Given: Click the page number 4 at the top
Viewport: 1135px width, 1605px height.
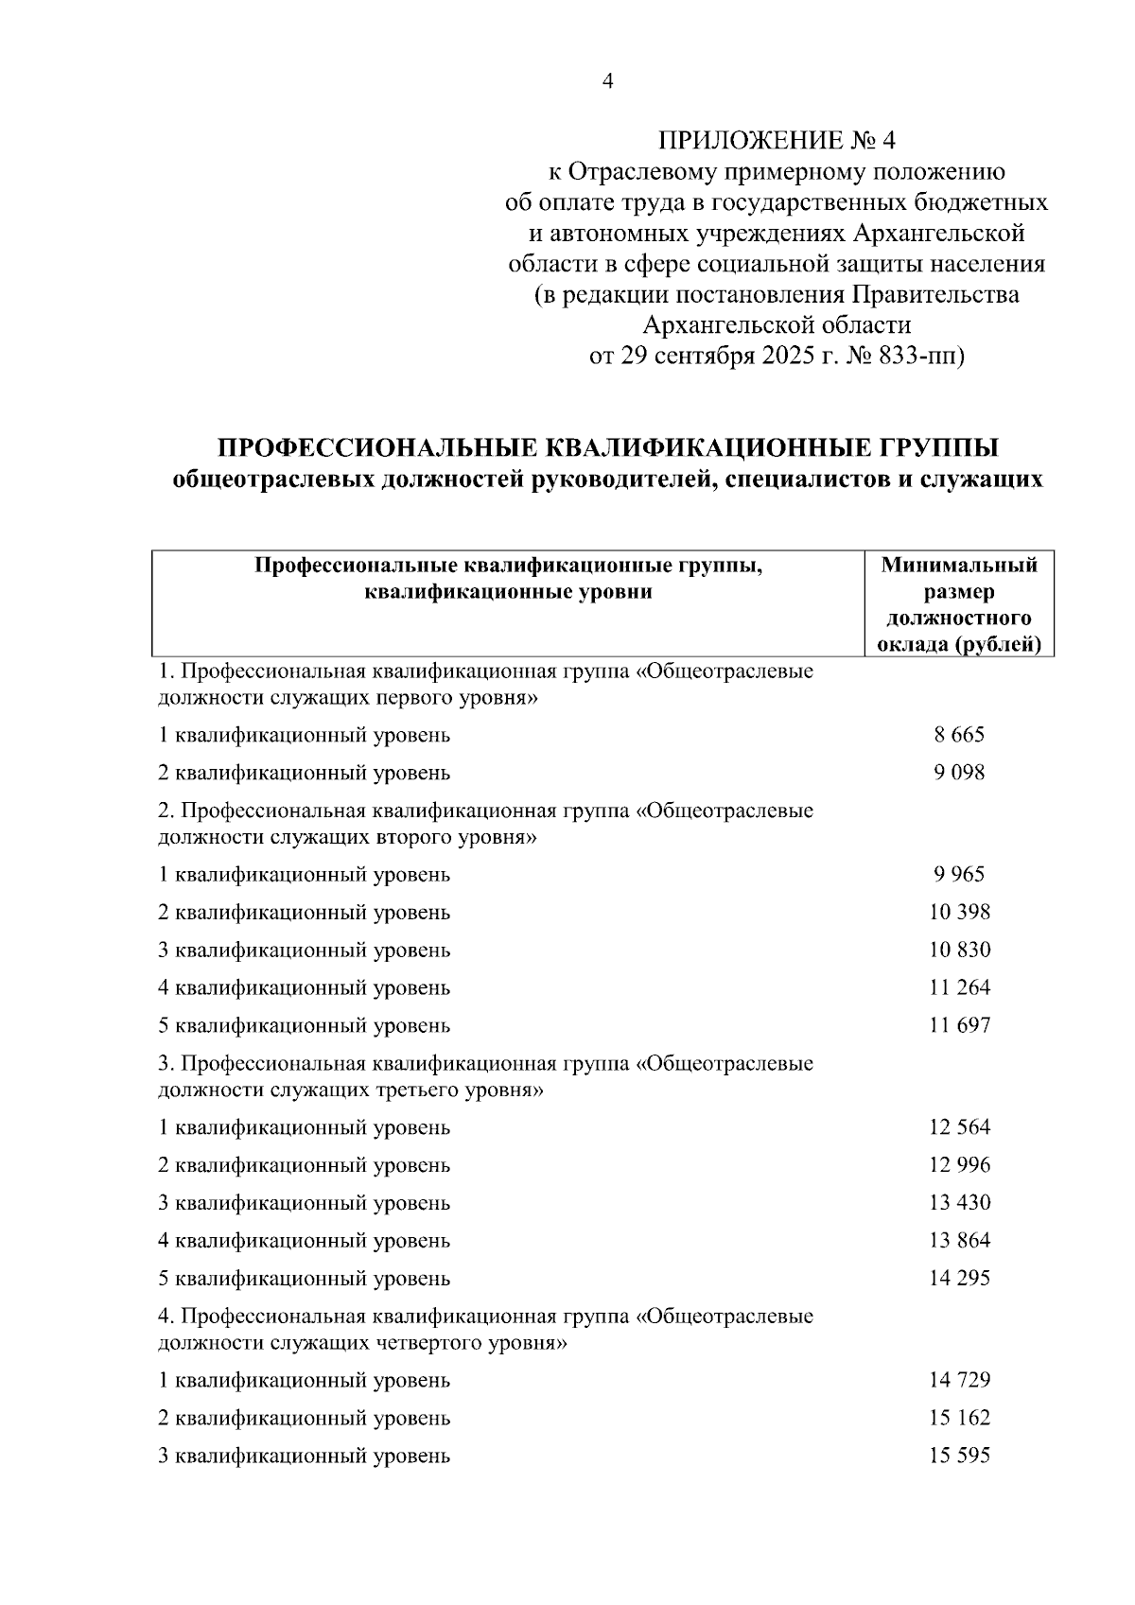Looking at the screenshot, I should click(x=608, y=82).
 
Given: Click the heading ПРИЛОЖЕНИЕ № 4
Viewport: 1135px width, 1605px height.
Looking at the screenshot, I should click(x=776, y=141).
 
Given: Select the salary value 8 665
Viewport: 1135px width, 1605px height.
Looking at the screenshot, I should click(x=959, y=735).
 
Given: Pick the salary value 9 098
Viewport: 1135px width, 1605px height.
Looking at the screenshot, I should click(x=959, y=773).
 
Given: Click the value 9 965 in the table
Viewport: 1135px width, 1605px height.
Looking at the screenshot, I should click(x=959, y=875).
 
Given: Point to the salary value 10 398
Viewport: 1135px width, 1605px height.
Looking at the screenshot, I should click(x=959, y=913).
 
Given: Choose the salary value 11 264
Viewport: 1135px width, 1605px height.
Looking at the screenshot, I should click(x=959, y=988).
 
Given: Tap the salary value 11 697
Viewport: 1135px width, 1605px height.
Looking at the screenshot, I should click(x=959, y=1026).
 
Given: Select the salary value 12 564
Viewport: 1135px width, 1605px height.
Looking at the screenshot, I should click(x=959, y=1127).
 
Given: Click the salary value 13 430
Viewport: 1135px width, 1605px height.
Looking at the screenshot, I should click(x=959, y=1203).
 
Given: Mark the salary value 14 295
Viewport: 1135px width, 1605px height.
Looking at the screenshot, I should click(x=959, y=1279).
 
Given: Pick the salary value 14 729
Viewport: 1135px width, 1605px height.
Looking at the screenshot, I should click(x=959, y=1380).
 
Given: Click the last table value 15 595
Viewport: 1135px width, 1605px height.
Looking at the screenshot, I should click(x=959, y=1456).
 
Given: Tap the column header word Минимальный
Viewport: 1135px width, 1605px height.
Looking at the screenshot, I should click(x=959, y=566).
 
